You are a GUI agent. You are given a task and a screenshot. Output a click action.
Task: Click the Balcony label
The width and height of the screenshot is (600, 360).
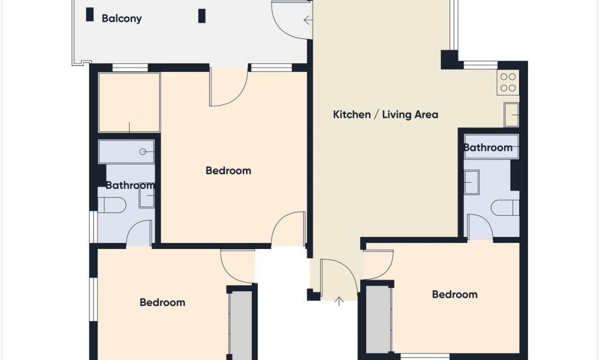(x=122, y=19)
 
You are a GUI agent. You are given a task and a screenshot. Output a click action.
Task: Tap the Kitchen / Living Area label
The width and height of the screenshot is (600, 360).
(x=385, y=115)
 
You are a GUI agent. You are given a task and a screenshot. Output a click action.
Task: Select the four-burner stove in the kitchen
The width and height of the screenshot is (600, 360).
(x=508, y=82)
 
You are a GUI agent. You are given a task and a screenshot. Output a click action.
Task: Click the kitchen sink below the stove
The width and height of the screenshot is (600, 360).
(x=511, y=115)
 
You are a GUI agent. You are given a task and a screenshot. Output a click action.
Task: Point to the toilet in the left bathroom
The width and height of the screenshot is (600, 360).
(x=112, y=205)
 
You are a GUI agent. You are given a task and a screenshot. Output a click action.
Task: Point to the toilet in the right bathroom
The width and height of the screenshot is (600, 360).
(x=505, y=208)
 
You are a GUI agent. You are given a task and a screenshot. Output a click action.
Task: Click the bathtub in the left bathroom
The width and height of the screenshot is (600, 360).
(x=126, y=151)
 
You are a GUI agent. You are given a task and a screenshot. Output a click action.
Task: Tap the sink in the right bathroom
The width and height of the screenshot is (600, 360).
(x=472, y=182)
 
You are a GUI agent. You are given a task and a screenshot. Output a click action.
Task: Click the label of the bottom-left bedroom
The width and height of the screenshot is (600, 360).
(x=162, y=302)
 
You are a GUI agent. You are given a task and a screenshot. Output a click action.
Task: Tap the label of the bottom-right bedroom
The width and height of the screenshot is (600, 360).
(x=455, y=295)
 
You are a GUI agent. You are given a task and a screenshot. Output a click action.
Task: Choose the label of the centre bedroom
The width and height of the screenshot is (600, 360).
(x=229, y=170)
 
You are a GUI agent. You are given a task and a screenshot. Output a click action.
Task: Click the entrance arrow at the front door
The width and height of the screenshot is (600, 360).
(x=339, y=301)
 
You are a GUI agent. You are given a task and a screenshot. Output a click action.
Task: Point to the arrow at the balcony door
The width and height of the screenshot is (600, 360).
(x=307, y=20)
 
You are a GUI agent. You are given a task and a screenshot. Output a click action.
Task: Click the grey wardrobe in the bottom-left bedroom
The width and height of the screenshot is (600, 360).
(x=241, y=325)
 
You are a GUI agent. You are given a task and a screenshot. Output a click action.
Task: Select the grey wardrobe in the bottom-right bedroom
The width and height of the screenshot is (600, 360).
(x=378, y=319)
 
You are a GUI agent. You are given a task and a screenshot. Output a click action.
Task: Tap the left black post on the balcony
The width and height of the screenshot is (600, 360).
(x=90, y=14)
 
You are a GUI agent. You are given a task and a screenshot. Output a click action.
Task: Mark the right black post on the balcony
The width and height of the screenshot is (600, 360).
(x=202, y=16)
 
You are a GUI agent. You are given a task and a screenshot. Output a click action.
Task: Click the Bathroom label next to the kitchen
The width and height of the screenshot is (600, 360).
(x=488, y=148)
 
